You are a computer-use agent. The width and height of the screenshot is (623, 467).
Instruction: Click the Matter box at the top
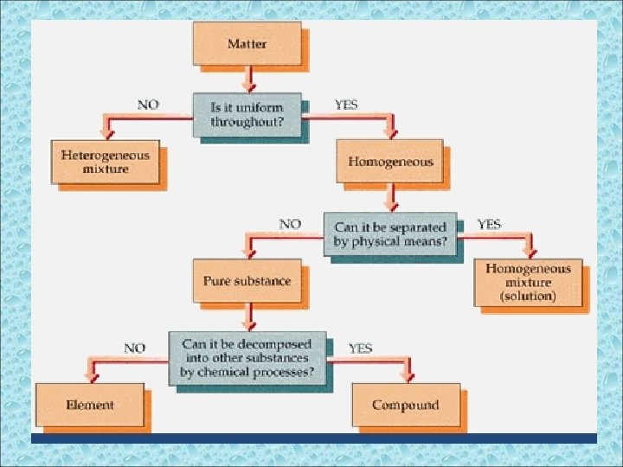click(x=247, y=43)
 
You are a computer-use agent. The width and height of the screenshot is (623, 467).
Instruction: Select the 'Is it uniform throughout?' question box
click(x=247, y=114)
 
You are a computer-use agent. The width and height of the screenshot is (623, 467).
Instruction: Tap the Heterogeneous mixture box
click(x=106, y=163)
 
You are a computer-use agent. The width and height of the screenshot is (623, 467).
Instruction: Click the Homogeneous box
click(x=390, y=162)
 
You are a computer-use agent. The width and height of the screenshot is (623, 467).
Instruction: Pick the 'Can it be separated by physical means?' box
click(x=390, y=233)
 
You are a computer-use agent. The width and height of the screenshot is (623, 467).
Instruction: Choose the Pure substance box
click(x=247, y=281)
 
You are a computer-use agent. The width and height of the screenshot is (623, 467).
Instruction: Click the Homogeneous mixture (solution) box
click(x=528, y=282)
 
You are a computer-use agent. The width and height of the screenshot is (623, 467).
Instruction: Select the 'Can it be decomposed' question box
click(x=247, y=359)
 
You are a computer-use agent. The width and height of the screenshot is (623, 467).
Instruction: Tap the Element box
click(x=90, y=405)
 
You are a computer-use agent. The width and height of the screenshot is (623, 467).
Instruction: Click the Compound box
click(x=405, y=405)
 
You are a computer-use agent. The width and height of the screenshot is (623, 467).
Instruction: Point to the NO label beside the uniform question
click(x=148, y=105)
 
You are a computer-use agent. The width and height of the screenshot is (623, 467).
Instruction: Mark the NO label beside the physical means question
click(x=290, y=224)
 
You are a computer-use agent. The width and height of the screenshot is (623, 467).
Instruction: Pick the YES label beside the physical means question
click(x=489, y=224)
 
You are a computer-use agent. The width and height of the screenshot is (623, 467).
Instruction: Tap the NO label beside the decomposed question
click(x=134, y=349)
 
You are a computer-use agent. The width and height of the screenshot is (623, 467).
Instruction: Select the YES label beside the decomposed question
click(x=361, y=349)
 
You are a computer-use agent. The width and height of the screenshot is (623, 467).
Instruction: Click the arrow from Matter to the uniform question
click(x=249, y=80)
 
